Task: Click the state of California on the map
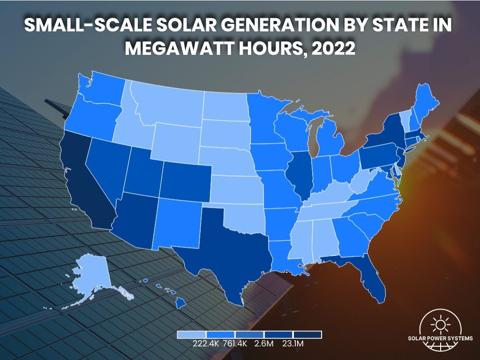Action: [x=89, y=187]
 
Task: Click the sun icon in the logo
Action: [x=440, y=323]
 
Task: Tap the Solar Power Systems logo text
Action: [x=440, y=338]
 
